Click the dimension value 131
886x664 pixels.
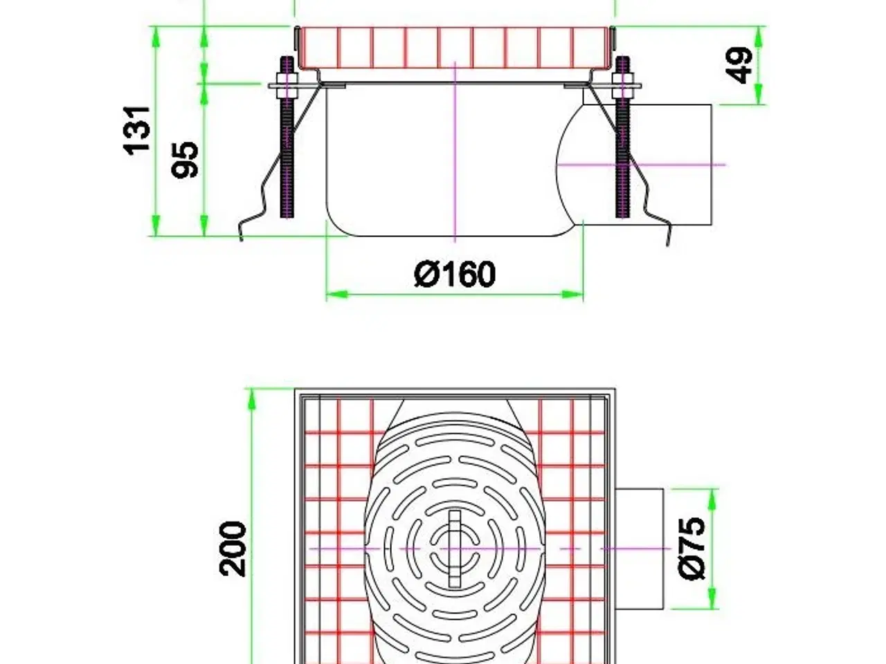click(137, 129)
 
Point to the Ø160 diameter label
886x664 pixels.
click(455, 275)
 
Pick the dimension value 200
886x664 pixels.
click(233, 548)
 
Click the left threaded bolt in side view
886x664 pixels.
click(287, 145)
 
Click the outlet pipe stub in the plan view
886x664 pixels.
click(639, 548)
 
